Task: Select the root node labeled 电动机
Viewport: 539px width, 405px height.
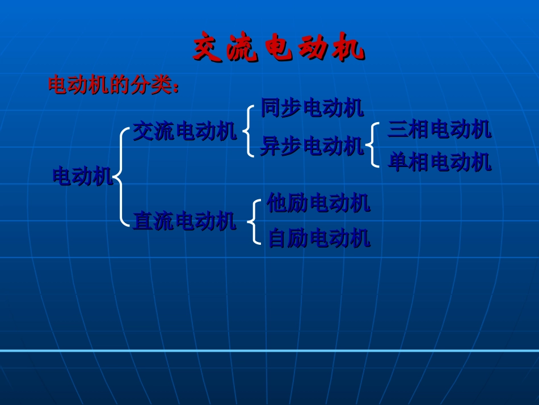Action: [82, 177]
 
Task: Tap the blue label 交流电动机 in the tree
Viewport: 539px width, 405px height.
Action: [184, 132]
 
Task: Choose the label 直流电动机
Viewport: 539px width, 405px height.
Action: [184, 221]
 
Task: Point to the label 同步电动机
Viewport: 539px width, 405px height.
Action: [311, 108]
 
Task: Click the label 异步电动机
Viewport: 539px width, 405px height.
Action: [311, 147]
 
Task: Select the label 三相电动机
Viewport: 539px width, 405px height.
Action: [439, 130]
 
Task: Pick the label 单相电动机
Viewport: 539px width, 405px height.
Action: [439, 163]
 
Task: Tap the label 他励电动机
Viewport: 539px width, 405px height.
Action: [318, 203]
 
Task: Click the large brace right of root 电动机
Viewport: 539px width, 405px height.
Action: [121, 177]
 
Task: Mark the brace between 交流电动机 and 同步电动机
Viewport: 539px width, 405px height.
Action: [248, 131]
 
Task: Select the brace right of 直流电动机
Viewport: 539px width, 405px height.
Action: [254, 222]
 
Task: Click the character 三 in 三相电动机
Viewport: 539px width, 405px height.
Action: [397, 130]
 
